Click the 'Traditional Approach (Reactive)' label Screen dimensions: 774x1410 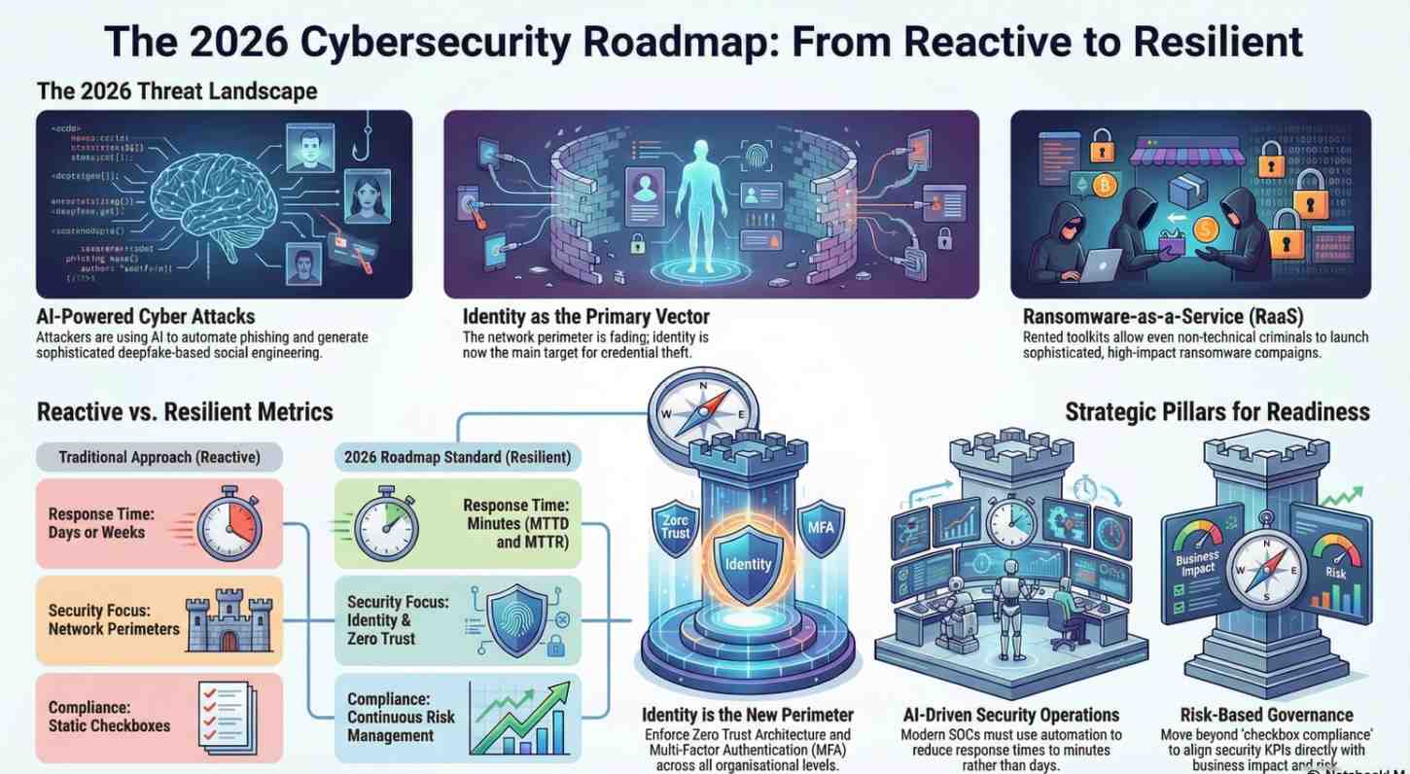pos(159,457)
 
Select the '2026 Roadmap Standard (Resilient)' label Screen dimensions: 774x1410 pos(458,457)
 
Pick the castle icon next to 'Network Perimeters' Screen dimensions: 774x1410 pos(229,620)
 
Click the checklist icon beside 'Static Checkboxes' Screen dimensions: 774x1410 pos(226,714)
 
